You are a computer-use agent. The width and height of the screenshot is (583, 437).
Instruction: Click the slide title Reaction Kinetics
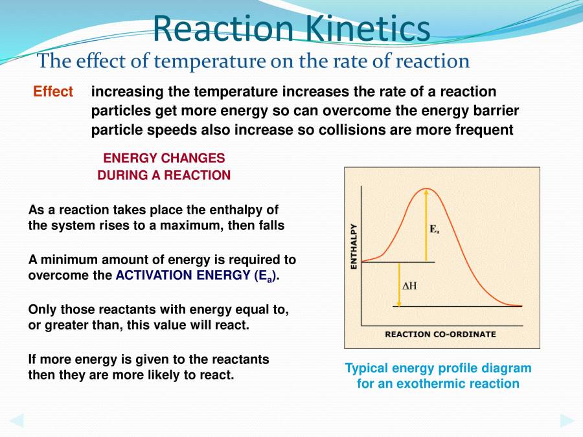click(x=291, y=29)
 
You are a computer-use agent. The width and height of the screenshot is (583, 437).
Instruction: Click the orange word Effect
click(x=53, y=92)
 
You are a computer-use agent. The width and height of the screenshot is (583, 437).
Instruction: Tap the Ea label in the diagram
click(x=434, y=229)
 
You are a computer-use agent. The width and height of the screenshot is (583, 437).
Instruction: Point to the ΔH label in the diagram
click(x=410, y=286)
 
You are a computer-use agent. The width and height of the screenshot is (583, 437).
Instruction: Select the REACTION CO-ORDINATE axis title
click(x=440, y=334)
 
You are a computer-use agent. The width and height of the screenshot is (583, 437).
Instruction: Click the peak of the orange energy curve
click(x=426, y=189)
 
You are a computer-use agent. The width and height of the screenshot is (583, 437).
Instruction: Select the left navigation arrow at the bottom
click(x=17, y=420)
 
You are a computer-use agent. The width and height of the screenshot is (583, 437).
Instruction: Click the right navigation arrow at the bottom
click(x=566, y=420)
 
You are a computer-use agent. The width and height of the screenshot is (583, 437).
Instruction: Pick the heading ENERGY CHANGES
click(x=164, y=159)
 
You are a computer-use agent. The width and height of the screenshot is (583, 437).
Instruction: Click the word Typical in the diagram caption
click(x=367, y=368)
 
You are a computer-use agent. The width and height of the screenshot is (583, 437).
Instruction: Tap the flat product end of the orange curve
click(x=515, y=305)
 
